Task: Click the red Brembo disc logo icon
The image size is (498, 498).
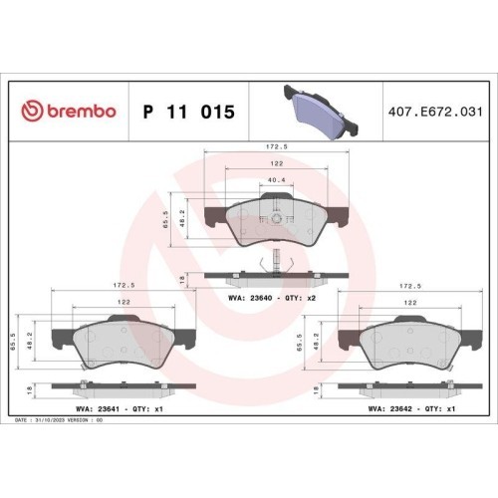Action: (x=32, y=111)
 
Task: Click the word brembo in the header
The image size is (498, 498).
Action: (x=82, y=111)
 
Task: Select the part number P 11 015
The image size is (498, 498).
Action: (x=188, y=112)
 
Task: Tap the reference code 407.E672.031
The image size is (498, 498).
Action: (x=435, y=112)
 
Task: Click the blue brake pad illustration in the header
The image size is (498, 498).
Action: (x=321, y=112)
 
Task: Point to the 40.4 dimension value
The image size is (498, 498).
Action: (x=276, y=180)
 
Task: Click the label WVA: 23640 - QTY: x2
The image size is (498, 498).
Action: (x=272, y=298)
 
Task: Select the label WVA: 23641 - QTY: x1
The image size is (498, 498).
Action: (x=120, y=409)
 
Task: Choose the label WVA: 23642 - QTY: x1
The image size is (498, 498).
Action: (x=411, y=409)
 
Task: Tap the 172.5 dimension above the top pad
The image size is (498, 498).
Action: (x=276, y=146)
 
